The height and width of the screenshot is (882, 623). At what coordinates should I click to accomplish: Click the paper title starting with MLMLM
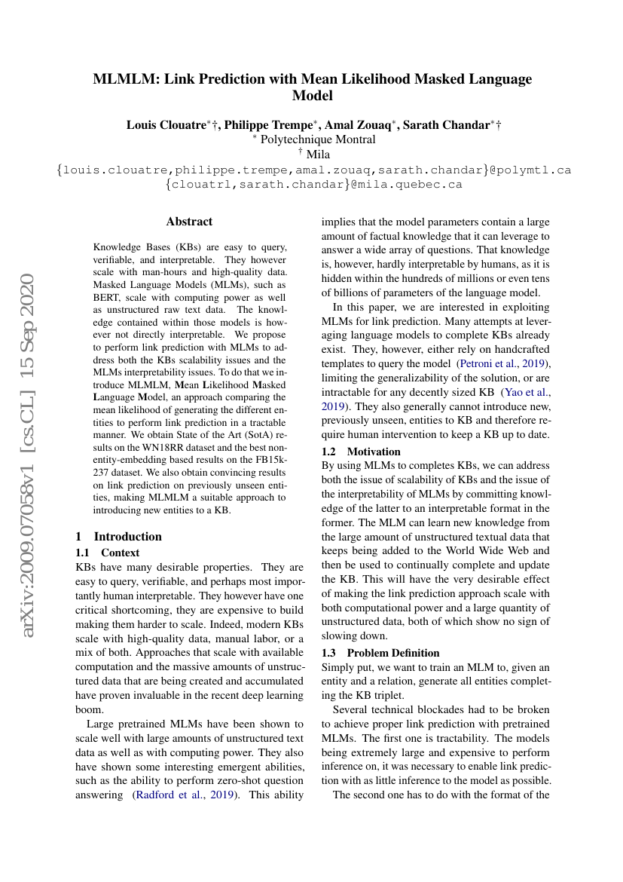(312, 87)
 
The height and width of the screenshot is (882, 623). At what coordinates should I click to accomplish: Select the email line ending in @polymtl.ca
(313, 170)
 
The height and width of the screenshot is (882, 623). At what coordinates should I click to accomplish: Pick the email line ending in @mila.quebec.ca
(313, 184)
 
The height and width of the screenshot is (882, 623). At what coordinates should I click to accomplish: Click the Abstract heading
(189, 222)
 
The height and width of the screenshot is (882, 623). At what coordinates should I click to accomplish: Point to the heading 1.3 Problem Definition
(380, 653)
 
